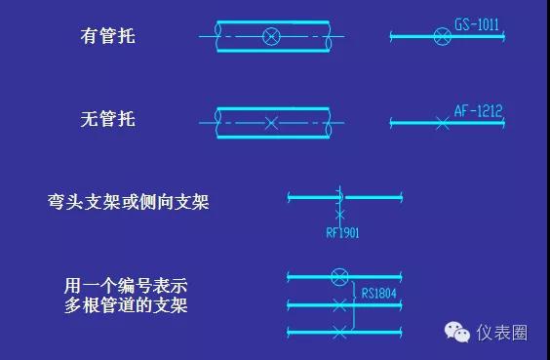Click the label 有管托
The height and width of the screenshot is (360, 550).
(107, 37)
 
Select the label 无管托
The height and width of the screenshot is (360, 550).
(107, 120)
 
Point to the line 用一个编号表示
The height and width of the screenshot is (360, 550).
(126, 287)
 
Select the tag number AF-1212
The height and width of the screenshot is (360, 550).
(479, 111)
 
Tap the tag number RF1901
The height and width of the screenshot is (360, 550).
(342, 232)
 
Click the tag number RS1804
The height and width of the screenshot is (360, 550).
(380, 291)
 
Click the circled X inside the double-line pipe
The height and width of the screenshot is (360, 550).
(272, 37)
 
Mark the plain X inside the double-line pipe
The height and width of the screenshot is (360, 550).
(272, 122)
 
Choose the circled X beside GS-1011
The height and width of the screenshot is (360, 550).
(441, 37)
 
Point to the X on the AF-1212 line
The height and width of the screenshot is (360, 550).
(442, 123)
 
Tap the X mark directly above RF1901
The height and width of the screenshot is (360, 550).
(339, 212)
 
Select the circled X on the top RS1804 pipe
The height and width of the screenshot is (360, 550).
(339, 276)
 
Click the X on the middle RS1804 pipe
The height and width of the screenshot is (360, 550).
(339, 305)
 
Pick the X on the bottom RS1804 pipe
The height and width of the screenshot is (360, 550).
(339, 334)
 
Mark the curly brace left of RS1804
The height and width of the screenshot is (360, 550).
(354, 293)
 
